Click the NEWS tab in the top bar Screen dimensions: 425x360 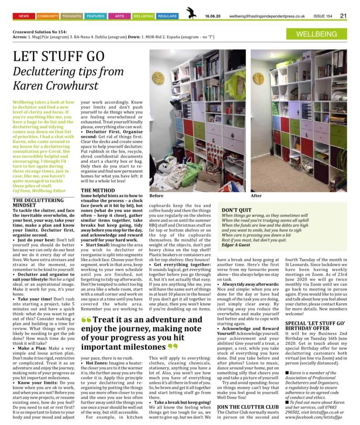click(x=24, y=16)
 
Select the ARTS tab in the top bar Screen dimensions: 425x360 click(x=119, y=16)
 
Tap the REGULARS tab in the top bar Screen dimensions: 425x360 click(x=167, y=16)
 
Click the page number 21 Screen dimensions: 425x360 click(x=343, y=16)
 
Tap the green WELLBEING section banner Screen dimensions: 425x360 click(x=317, y=34)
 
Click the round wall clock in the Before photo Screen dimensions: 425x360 click(x=158, y=78)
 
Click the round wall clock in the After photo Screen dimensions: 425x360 click(x=258, y=78)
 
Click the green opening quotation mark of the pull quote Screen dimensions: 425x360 click(x=86, y=320)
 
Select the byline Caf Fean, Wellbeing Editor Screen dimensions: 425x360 click(x=39, y=191)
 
